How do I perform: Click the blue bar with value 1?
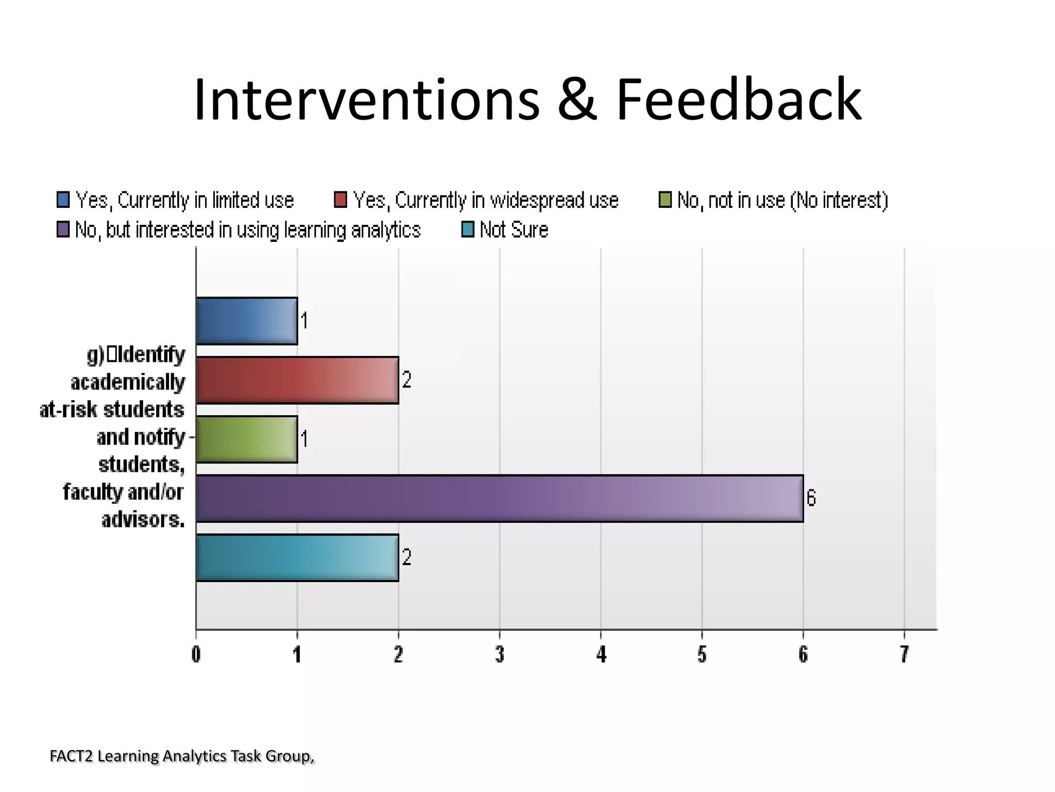point(247,321)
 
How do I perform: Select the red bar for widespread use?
point(297,380)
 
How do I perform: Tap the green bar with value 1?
point(247,439)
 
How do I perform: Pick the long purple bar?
point(499,498)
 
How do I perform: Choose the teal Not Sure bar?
point(297,557)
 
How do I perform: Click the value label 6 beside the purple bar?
point(811,498)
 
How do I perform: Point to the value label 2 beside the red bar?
point(406,380)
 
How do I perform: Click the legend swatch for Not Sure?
point(468,229)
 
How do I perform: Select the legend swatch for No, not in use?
point(665,200)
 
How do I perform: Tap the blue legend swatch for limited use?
point(63,200)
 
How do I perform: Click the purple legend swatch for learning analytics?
point(63,229)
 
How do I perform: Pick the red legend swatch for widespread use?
point(341,200)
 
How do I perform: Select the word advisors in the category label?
point(143,519)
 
